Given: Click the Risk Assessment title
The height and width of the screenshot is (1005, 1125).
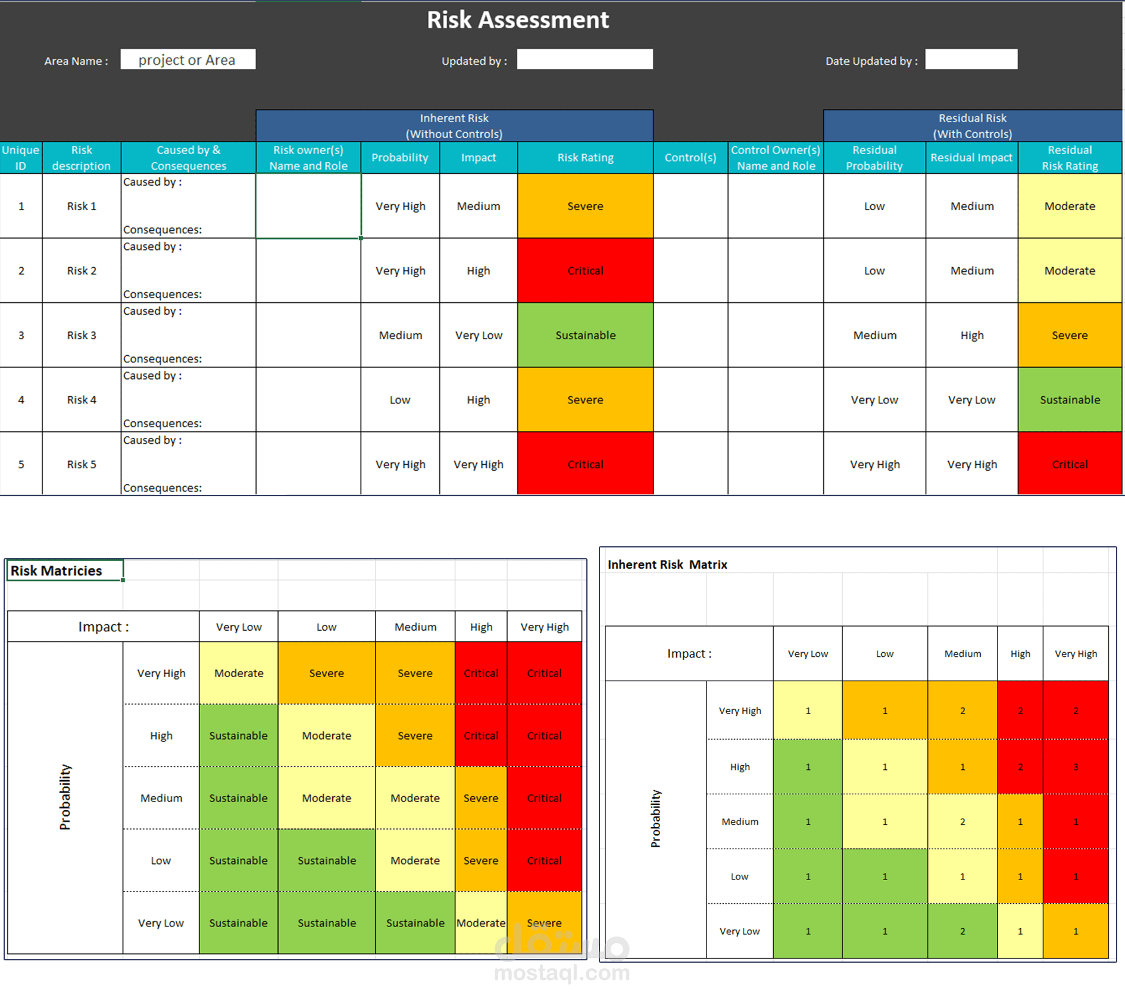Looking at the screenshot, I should pos(517,20).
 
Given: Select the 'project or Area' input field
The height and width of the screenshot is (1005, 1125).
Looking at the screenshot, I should pos(187,60).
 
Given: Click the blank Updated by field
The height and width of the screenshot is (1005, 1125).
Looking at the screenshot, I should pos(584,60).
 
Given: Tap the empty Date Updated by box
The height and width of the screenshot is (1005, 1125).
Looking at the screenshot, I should pos(970,60).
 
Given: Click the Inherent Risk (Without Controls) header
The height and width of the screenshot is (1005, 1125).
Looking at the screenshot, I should pos(454,126).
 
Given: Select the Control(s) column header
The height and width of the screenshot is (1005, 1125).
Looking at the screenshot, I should pos(690,158).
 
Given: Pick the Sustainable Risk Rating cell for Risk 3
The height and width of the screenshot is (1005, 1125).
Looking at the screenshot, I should pos(585,335).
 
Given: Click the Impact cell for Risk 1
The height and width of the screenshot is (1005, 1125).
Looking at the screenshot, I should pos(478,206).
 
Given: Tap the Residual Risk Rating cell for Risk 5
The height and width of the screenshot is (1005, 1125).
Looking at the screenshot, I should pos(1069,464).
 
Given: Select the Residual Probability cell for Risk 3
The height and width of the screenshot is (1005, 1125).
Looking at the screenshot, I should pos(874,335).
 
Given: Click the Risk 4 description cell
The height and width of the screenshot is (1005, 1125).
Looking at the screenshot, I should pos(82,400).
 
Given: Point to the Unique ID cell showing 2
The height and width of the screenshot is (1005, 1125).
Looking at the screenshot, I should pos(21,271).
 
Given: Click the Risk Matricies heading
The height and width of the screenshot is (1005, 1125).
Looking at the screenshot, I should pos(57,571).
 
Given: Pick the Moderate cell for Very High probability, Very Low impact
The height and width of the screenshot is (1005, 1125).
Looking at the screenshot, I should pos(239,673).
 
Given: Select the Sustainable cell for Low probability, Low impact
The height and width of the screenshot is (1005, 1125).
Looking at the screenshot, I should pos(326,860).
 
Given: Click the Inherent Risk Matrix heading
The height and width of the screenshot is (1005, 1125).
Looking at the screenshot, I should pos(667,564).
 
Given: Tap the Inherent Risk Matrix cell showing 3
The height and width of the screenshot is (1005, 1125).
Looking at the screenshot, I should pos(1075,767).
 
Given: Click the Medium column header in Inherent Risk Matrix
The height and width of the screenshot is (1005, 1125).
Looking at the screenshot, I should pos(962,653).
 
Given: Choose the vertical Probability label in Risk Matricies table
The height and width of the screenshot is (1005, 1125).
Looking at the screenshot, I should pos(65,797).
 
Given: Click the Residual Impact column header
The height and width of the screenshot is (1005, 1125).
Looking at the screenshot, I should pos(971,158).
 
